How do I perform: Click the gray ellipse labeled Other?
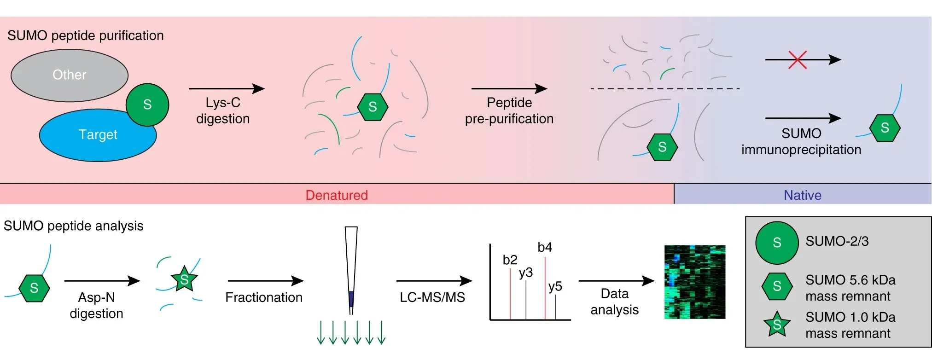pyautogui.click(x=69, y=75)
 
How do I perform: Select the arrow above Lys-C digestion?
pyautogui.click(x=227, y=88)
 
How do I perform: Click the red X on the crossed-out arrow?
pyautogui.click(x=797, y=60)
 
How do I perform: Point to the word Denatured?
pyautogui.click(x=337, y=195)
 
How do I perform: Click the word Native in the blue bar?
pyautogui.click(x=802, y=195)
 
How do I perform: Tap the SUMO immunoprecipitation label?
pyautogui.click(x=801, y=141)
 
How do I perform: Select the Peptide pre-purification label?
pyautogui.click(x=509, y=110)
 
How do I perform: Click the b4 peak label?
pyautogui.click(x=545, y=248)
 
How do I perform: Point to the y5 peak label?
pyautogui.click(x=555, y=286)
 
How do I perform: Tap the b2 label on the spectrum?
pyautogui.click(x=510, y=260)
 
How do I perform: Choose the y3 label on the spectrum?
pyautogui.click(x=525, y=273)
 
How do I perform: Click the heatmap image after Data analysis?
pyautogui.click(x=694, y=282)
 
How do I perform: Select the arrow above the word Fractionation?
pyautogui.click(x=265, y=281)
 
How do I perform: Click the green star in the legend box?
pyautogui.click(x=777, y=324)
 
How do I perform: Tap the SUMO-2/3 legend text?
pyautogui.click(x=837, y=241)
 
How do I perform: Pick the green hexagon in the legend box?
pyautogui.click(x=777, y=286)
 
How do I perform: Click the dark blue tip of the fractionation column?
pyautogui.click(x=351, y=299)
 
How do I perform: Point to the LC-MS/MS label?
pyautogui.click(x=432, y=297)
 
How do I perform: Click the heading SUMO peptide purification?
pyautogui.click(x=86, y=35)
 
